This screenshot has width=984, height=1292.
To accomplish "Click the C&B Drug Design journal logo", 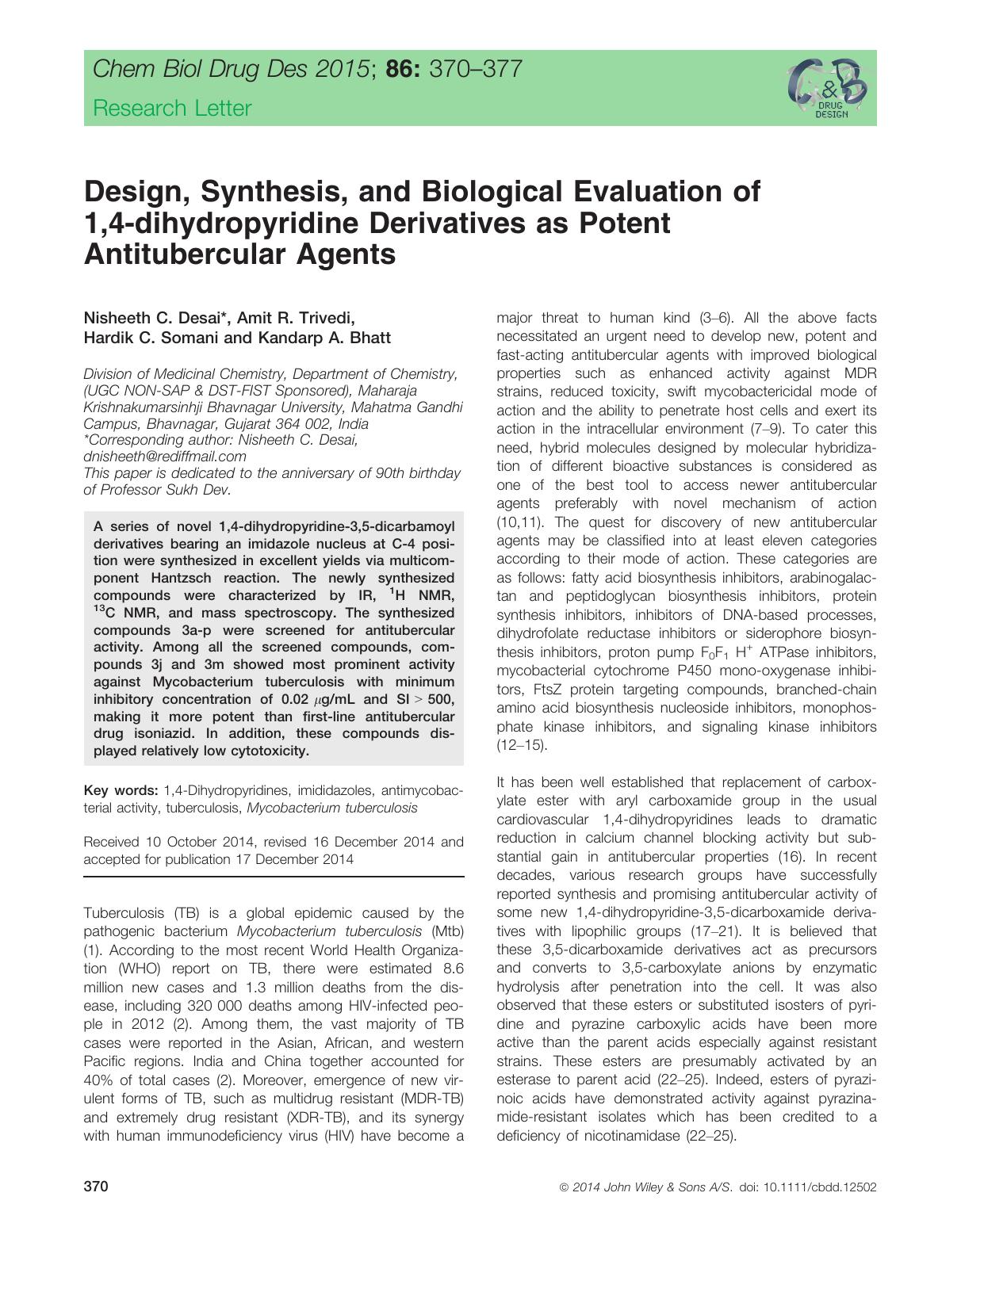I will coord(828,88).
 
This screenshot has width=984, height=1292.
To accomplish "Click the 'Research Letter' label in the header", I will coord(172,109).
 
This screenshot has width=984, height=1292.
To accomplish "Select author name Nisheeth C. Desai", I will coord(156,319).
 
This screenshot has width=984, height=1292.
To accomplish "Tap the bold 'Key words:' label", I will coord(121,790).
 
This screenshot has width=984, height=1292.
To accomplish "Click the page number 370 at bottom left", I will coord(96,1187).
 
